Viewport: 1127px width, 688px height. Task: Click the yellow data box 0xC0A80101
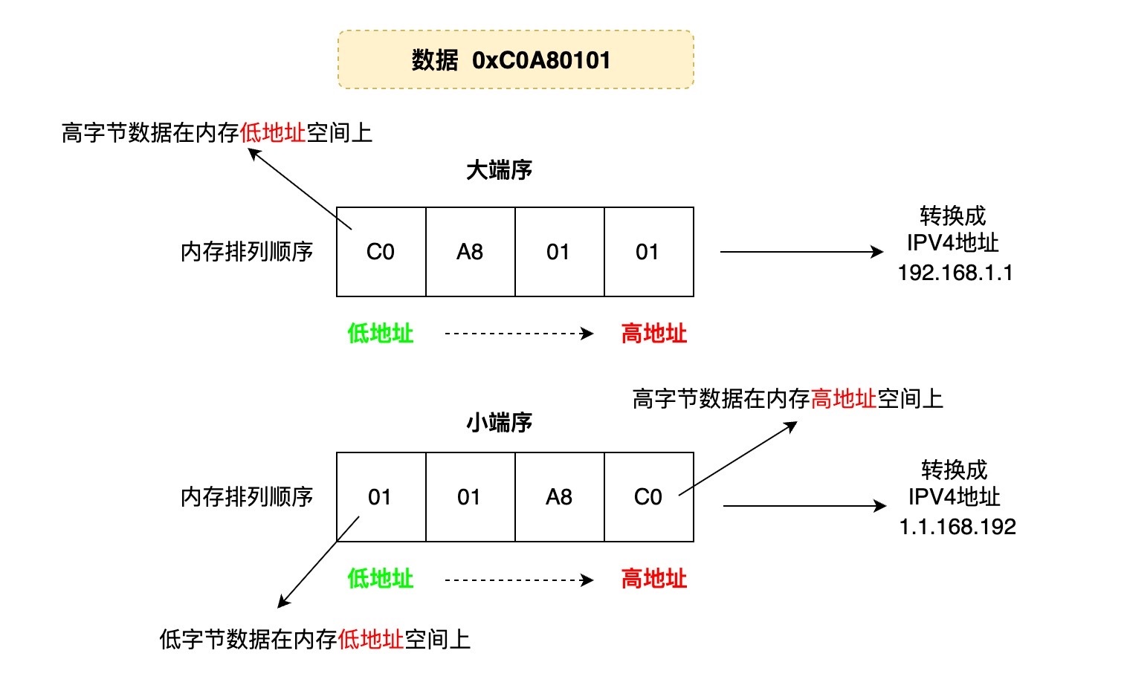tap(515, 59)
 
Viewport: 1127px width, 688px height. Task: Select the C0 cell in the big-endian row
tap(381, 252)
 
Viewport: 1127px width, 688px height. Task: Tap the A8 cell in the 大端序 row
tap(470, 252)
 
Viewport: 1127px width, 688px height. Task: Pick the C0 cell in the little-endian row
tap(648, 497)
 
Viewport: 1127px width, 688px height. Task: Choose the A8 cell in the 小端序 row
tap(559, 497)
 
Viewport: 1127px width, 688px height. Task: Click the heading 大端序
tap(499, 170)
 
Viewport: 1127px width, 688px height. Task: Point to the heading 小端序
tap(499, 423)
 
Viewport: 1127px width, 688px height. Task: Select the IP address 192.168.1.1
tap(955, 273)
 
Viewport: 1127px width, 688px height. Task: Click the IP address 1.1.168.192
tap(958, 527)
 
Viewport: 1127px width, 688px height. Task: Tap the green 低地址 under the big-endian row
tap(380, 334)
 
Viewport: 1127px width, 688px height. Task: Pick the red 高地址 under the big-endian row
tap(653, 334)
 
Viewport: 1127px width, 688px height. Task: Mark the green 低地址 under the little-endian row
tap(380, 579)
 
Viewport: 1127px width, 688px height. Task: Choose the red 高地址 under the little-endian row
tap(653, 579)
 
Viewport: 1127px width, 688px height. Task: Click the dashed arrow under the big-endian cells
tap(518, 334)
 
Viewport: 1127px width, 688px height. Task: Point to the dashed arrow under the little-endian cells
tap(518, 580)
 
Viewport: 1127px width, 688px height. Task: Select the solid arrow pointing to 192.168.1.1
tap(801, 252)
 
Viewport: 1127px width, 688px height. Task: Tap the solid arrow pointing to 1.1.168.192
tap(804, 506)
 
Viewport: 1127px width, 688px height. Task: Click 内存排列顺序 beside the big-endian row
tap(247, 252)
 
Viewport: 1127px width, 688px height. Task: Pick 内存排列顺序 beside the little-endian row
tap(247, 497)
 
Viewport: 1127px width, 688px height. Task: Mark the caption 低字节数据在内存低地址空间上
tap(314, 639)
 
